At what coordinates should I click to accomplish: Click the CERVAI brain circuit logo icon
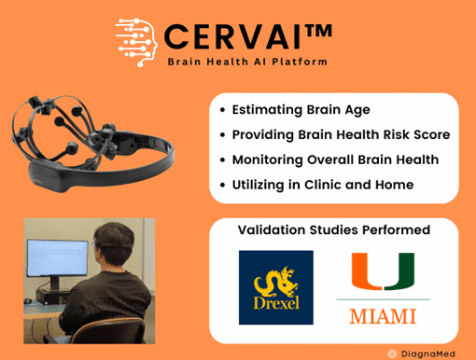pos(136,39)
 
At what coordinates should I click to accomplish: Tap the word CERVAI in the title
pos(231,36)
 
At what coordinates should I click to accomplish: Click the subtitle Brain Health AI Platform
pos(247,62)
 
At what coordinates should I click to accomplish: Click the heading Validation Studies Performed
pos(333,230)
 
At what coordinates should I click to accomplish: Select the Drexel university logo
pos(275,286)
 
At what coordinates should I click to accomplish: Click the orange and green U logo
pos(383,272)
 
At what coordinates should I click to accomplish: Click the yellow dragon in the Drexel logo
pos(275,278)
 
